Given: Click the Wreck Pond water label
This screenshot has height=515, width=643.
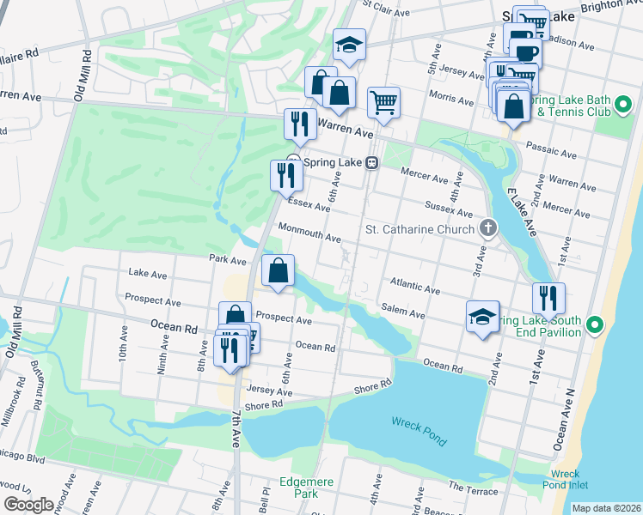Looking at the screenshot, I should [419, 430].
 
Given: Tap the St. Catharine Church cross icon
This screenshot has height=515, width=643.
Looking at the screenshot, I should [488, 228].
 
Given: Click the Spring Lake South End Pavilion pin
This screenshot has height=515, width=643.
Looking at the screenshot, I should [599, 326].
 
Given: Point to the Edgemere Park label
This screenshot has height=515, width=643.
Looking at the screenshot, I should [299, 488].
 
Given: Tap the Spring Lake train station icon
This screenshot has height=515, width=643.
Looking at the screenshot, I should [372, 162].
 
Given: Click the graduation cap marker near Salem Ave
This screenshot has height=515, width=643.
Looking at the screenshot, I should [482, 316].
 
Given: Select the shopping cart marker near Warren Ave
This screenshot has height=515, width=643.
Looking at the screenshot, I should [383, 102].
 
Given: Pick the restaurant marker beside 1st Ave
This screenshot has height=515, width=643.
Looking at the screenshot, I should [548, 298].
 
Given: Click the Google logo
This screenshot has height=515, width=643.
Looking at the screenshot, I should [28, 505].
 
